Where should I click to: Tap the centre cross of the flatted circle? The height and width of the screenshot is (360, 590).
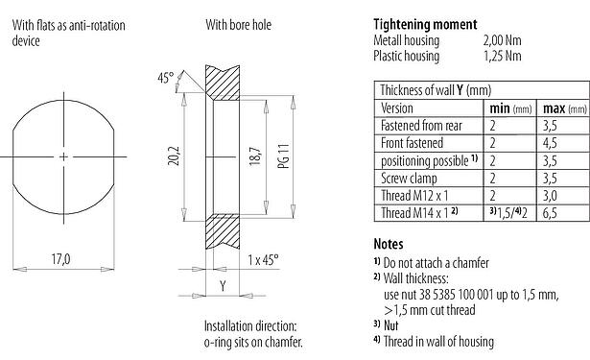coord(63,156)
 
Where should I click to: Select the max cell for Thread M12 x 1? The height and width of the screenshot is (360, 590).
coord(550,193)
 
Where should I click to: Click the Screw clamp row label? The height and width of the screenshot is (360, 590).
coord(409,176)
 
